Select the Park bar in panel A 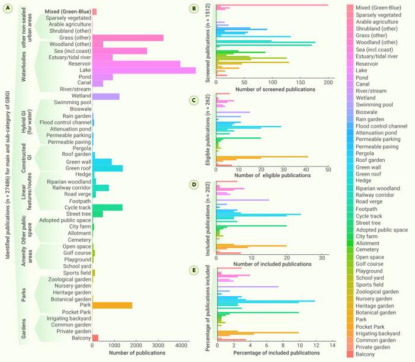pos(112,305)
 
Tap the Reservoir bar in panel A pos(136,64)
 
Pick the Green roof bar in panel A pos(107,168)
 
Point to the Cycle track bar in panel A pos(107,207)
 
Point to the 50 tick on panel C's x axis pos(328,170)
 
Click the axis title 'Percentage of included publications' pos(273,353)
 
